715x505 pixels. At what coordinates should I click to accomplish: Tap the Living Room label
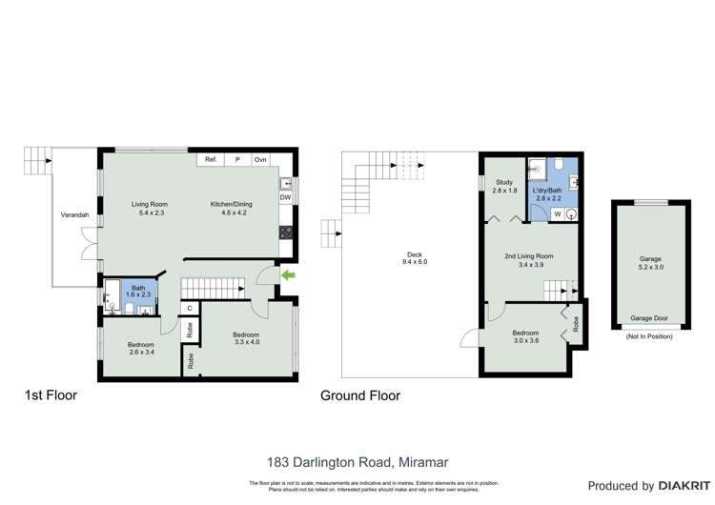pyautogui.click(x=150, y=208)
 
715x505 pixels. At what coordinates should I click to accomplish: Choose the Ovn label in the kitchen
pyautogui.click(x=259, y=159)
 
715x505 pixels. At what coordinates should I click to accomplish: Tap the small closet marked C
pyautogui.click(x=190, y=308)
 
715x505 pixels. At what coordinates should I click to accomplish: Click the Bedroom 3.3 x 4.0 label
pyautogui.click(x=245, y=338)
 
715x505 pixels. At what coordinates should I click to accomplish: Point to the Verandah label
pyautogui.click(x=74, y=215)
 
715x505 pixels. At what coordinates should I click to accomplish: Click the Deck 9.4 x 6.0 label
pyautogui.click(x=414, y=259)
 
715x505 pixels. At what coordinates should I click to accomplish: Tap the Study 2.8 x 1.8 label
pyautogui.click(x=504, y=187)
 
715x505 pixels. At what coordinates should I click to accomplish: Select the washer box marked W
pyautogui.click(x=557, y=215)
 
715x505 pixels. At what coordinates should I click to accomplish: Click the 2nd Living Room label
pyautogui.click(x=529, y=260)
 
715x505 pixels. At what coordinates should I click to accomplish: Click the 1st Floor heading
pyautogui.click(x=51, y=394)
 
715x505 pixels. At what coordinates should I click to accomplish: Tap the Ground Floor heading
pyautogui.click(x=359, y=395)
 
